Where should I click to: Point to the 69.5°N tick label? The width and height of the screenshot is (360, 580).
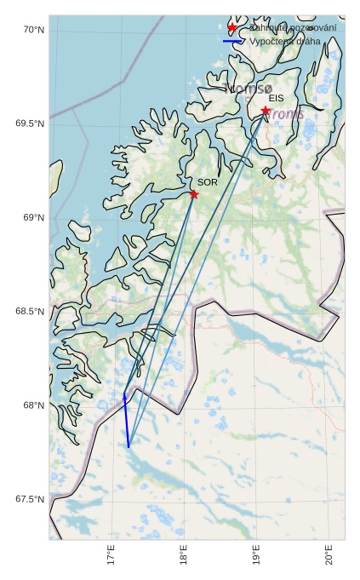pos(30,123)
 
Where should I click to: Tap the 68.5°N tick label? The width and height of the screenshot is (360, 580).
pos(30,312)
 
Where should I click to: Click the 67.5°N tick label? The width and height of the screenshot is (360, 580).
pos(30,499)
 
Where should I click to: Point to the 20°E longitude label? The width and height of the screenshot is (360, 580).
pos(329,555)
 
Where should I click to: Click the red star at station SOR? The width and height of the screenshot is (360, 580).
pos(194,194)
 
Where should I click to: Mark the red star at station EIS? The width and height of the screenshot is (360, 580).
pos(266,111)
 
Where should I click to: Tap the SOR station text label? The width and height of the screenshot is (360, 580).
pos(208,182)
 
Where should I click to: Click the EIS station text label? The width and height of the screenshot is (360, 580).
pos(276,99)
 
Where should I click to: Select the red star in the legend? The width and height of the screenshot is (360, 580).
pos(232,28)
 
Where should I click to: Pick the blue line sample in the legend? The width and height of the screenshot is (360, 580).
pos(232,41)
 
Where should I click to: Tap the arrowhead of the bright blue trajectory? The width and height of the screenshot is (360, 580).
pos(124,395)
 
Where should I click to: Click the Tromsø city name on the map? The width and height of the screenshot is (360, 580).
pos(249,89)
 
